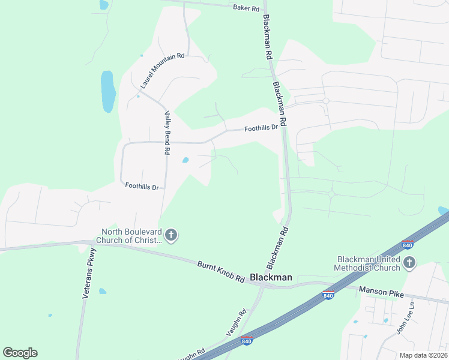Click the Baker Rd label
pyautogui.click(x=246, y=8)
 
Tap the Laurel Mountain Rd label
pyautogui.click(x=162, y=71)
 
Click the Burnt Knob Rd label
pyautogui.click(x=221, y=272)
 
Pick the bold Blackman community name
pyautogui.click(x=271, y=277)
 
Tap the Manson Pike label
pyautogui.click(x=381, y=291)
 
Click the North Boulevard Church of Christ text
pyautogui.click(x=132, y=236)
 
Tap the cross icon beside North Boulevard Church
pyautogui.click(x=171, y=236)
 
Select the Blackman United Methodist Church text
pyautogui.click(x=367, y=263)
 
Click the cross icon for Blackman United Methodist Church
pyautogui.click(x=409, y=263)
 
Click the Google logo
pyautogui.click(x=20, y=353)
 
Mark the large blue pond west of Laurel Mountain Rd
pyautogui.click(x=108, y=91)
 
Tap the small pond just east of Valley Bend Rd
pyautogui.click(x=185, y=160)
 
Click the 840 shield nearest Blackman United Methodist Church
pyautogui.click(x=408, y=245)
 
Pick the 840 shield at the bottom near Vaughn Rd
pyautogui.click(x=247, y=341)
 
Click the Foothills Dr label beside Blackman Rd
pyautogui.click(x=261, y=128)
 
